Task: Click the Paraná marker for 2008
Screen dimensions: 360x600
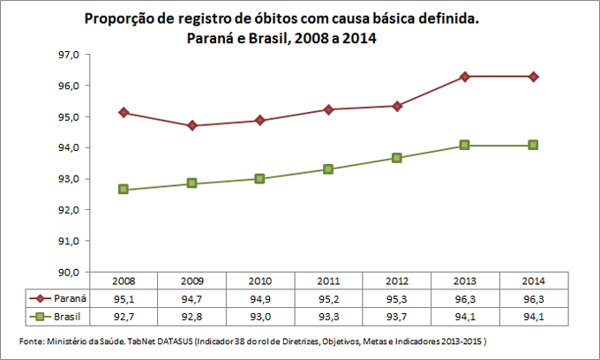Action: [x=124, y=112]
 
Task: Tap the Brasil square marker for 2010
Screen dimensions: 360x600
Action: [x=259, y=178]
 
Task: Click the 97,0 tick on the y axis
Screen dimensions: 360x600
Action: [x=69, y=55]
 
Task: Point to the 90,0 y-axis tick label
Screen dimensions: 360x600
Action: [x=69, y=272]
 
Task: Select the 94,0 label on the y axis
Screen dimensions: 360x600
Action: [x=69, y=147]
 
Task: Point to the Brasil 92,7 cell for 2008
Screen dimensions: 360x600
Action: [x=124, y=315]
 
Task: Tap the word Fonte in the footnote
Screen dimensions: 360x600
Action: [x=32, y=341]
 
